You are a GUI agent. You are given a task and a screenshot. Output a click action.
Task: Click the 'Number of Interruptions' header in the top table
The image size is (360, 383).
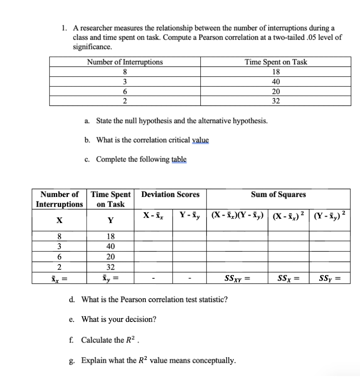click(125, 62)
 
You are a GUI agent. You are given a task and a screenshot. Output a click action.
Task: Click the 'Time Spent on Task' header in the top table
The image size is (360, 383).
click(275, 62)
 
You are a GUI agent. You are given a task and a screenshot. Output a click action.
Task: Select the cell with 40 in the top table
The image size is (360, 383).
click(276, 82)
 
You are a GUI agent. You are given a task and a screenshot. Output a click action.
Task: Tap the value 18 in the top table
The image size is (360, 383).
click(276, 72)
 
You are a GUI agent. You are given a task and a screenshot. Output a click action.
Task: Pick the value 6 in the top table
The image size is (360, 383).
click(124, 92)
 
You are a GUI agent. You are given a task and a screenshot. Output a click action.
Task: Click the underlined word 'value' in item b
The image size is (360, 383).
click(200, 140)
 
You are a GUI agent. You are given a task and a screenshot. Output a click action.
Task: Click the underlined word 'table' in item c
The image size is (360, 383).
click(179, 159)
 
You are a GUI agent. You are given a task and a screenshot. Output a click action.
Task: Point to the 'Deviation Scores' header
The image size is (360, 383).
click(170, 194)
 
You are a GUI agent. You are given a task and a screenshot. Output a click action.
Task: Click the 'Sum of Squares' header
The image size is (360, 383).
click(278, 194)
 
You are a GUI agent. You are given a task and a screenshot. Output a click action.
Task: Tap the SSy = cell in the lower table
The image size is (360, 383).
click(329, 279)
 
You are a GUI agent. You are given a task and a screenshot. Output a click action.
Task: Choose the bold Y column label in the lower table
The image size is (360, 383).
click(111, 220)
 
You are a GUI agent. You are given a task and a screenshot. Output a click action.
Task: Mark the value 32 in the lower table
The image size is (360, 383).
click(111, 267)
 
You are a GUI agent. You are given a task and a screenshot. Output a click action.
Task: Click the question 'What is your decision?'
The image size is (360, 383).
click(119, 320)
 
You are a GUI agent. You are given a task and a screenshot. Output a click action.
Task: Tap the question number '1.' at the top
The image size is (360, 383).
click(65, 28)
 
